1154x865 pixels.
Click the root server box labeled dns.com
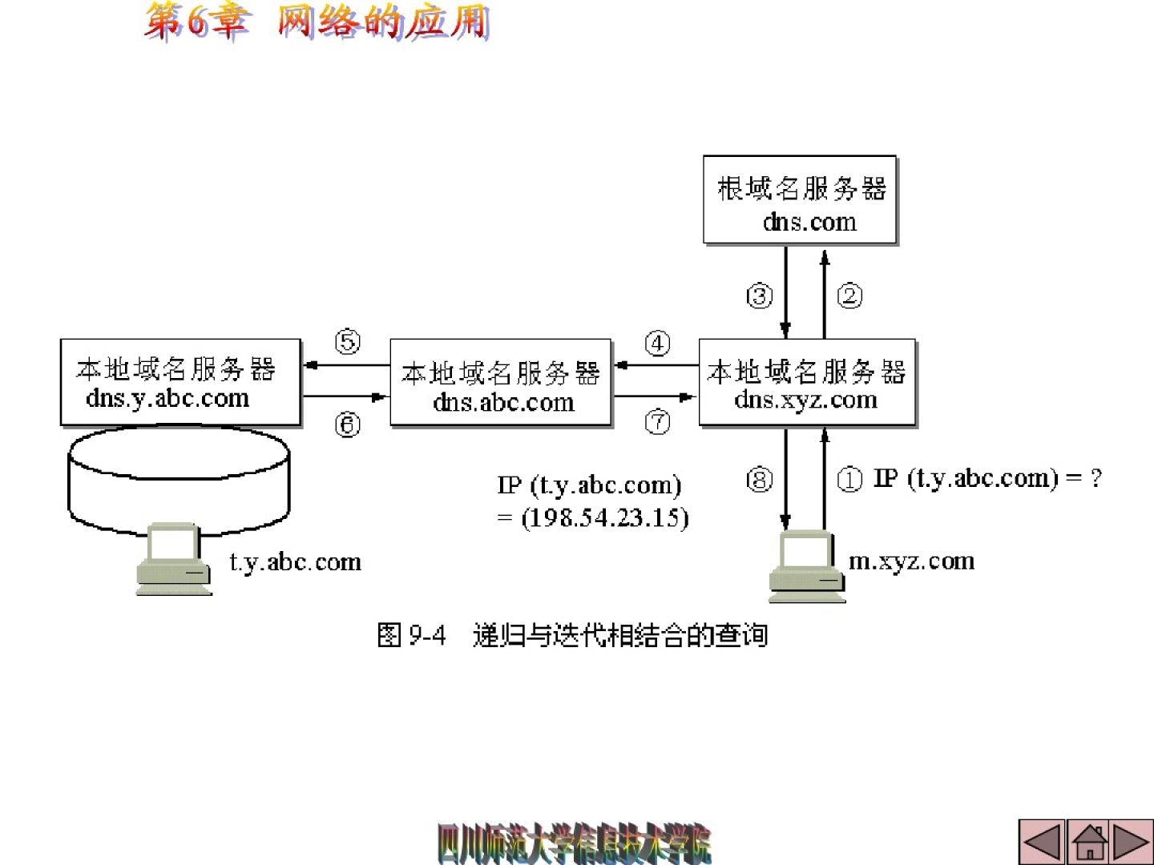(800, 200)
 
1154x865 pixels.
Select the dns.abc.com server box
(501, 383)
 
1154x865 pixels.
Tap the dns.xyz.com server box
(807, 382)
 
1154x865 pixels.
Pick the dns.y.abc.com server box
(180, 382)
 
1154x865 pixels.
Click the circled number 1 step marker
(849, 479)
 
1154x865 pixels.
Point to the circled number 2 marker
(849, 296)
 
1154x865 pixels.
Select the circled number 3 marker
(760, 296)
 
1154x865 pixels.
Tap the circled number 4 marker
(658, 344)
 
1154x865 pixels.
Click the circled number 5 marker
(348, 343)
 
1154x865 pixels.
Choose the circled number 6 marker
(348, 424)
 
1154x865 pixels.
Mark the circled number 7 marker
(658, 421)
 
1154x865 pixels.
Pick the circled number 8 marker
(760, 480)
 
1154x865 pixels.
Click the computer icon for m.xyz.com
(806, 566)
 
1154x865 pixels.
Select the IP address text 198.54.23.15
(605, 517)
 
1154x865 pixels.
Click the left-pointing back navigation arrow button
(1043, 842)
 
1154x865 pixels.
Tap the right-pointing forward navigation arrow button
(1132, 842)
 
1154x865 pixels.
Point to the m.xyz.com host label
(911, 561)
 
